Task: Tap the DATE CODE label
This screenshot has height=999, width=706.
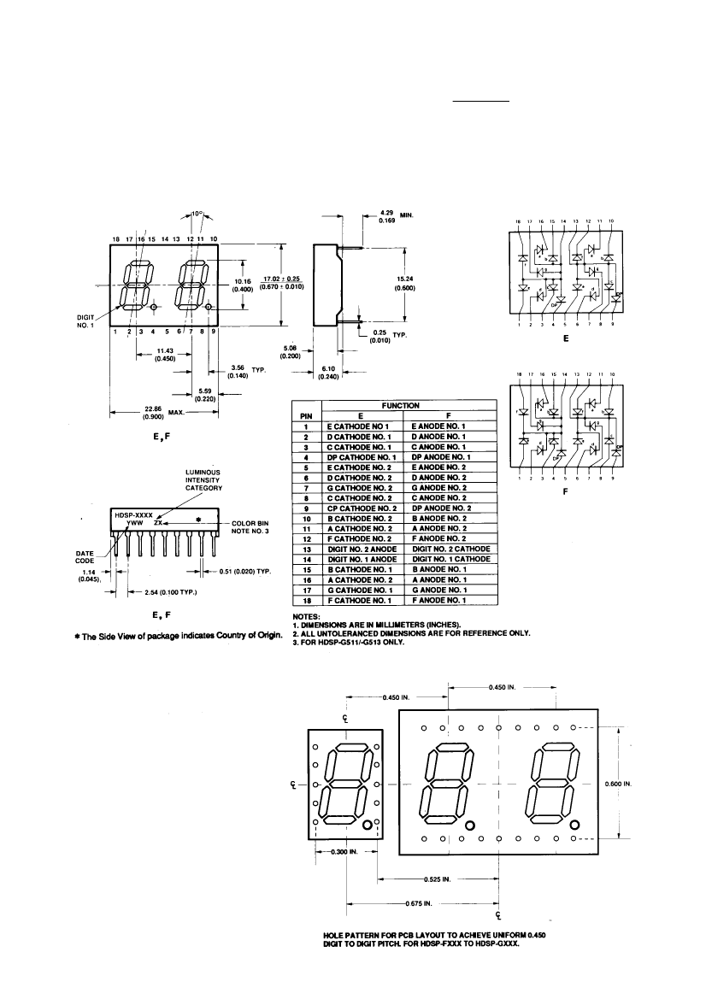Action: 86,557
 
